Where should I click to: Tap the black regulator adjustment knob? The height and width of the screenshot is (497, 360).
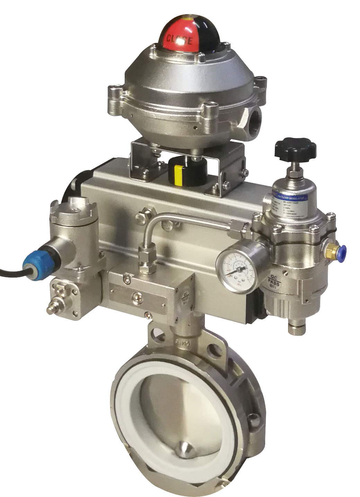295,148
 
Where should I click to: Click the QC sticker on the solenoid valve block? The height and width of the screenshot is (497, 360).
184,295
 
